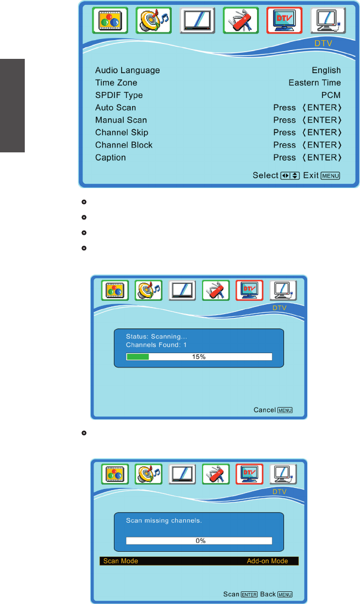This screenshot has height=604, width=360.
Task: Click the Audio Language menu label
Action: pos(127,70)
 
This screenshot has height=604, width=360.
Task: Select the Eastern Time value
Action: pos(314,83)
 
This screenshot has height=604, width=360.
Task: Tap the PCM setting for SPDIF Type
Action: pos(331,95)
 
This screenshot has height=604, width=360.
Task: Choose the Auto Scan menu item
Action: pos(116,108)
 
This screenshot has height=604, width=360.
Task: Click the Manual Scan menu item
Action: pos(121,120)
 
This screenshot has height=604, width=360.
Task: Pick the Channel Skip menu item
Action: pos(122,133)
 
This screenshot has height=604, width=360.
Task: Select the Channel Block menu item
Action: pos(124,145)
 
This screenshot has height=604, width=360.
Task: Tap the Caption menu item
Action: pos(111,158)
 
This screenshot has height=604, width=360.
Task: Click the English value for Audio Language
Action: pos(326,70)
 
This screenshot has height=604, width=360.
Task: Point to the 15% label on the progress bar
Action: pos(199,357)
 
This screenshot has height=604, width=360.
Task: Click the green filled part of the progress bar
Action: pos(138,357)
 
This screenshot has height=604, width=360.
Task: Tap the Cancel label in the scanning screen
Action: pos(265,410)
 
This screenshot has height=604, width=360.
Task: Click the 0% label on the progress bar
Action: pos(201,541)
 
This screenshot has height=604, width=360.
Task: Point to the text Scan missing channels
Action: pos(156,520)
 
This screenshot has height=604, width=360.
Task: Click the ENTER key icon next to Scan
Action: pos(249,595)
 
